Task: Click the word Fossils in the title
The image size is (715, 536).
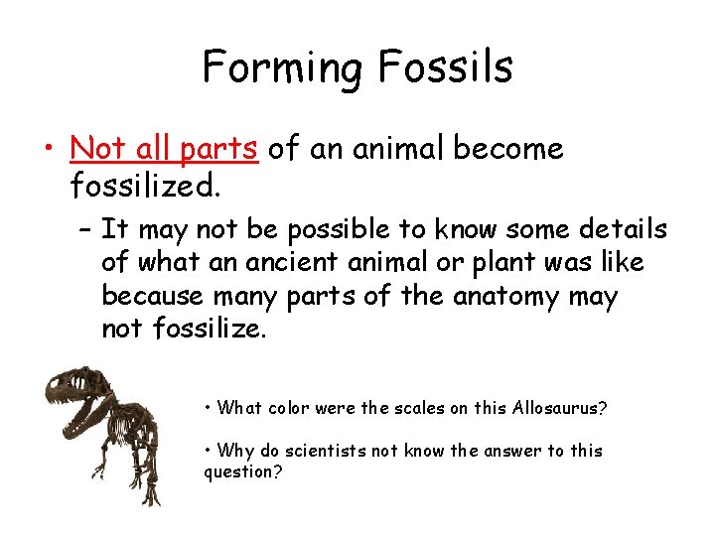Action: [x=445, y=67]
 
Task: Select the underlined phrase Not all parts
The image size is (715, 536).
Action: [x=164, y=149]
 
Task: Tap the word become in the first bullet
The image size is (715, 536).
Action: [x=507, y=149]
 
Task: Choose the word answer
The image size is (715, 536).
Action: [x=512, y=451]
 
